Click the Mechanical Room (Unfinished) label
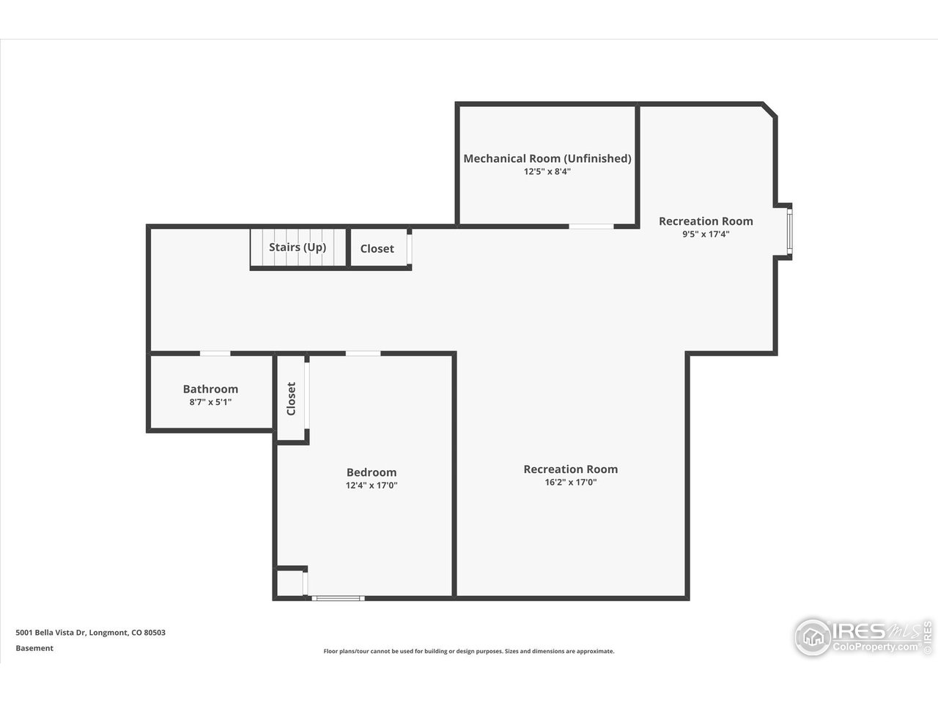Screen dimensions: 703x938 pyautogui.click(x=547, y=158)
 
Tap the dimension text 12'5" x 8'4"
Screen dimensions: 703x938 pyautogui.click(x=547, y=172)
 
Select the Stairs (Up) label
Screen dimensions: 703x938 pyautogui.click(x=297, y=247)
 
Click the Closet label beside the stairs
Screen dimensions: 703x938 pyautogui.click(x=377, y=249)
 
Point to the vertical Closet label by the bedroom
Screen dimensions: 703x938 pyautogui.click(x=291, y=398)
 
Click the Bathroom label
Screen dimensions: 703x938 pyautogui.click(x=210, y=389)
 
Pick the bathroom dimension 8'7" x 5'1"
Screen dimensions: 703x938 pyautogui.click(x=210, y=402)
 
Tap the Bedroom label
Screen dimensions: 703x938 pyautogui.click(x=371, y=472)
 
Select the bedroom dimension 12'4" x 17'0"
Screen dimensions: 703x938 pyautogui.click(x=371, y=486)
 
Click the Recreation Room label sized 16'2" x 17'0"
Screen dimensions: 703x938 pyautogui.click(x=570, y=469)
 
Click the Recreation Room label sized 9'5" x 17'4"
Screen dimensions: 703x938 pyautogui.click(x=705, y=221)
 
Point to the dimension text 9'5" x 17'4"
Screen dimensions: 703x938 pyautogui.click(x=705, y=235)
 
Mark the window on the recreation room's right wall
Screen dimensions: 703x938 pyautogui.click(x=789, y=232)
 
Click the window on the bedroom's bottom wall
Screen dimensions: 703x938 pyautogui.click(x=338, y=598)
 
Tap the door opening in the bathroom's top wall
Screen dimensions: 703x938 pyautogui.click(x=215, y=354)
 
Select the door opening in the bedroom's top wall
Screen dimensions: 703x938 pyautogui.click(x=363, y=354)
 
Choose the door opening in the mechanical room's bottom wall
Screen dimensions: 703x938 pyautogui.click(x=591, y=226)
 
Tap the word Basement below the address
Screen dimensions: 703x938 pyautogui.click(x=34, y=648)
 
